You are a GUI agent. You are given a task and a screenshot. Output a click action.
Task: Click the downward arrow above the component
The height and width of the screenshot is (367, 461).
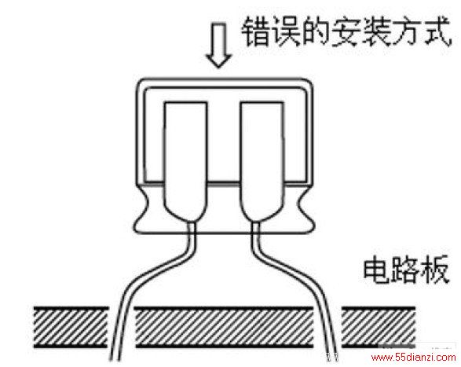(x=218, y=46)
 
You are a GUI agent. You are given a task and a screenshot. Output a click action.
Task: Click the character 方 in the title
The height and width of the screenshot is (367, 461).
(x=406, y=31)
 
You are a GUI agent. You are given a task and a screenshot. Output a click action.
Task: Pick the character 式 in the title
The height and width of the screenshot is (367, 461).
(x=437, y=31)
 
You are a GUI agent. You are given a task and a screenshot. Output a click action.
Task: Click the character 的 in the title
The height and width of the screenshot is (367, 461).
(x=315, y=31)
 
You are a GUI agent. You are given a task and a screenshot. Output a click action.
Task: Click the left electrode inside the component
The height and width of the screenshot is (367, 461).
(x=185, y=161)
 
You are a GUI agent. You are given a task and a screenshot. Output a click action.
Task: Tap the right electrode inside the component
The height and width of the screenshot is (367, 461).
(x=262, y=161)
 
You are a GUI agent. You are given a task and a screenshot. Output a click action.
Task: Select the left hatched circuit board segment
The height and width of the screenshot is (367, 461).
(x=71, y=327)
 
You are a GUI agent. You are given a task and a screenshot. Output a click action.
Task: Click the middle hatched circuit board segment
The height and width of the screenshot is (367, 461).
(x=224, y=327)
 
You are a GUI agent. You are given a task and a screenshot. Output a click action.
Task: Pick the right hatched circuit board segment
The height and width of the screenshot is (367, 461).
(x=379, y=327)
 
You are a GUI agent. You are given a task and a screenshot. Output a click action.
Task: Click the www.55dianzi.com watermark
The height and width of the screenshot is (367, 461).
(x=413, y=358)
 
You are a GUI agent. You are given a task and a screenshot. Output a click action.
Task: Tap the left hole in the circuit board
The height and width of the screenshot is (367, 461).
(x=122, y=327)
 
